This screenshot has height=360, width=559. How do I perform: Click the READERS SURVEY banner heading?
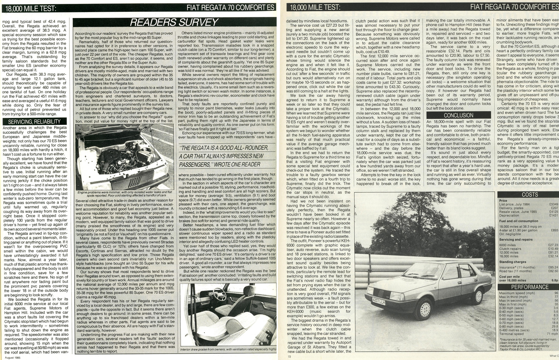tap(174, 22)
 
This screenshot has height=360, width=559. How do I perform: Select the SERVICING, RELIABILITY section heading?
tap(34, 121)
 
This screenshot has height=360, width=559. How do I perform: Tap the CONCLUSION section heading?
tap(459, 115)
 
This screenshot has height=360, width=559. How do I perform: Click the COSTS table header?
tap(530, 194)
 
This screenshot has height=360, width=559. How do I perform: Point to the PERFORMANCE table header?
tap(530, 287)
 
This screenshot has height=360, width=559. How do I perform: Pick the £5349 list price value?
tap(554, 204)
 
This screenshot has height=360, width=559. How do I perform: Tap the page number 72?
tap(289, 356)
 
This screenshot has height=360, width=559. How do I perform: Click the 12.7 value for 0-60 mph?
tap(555, 319)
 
